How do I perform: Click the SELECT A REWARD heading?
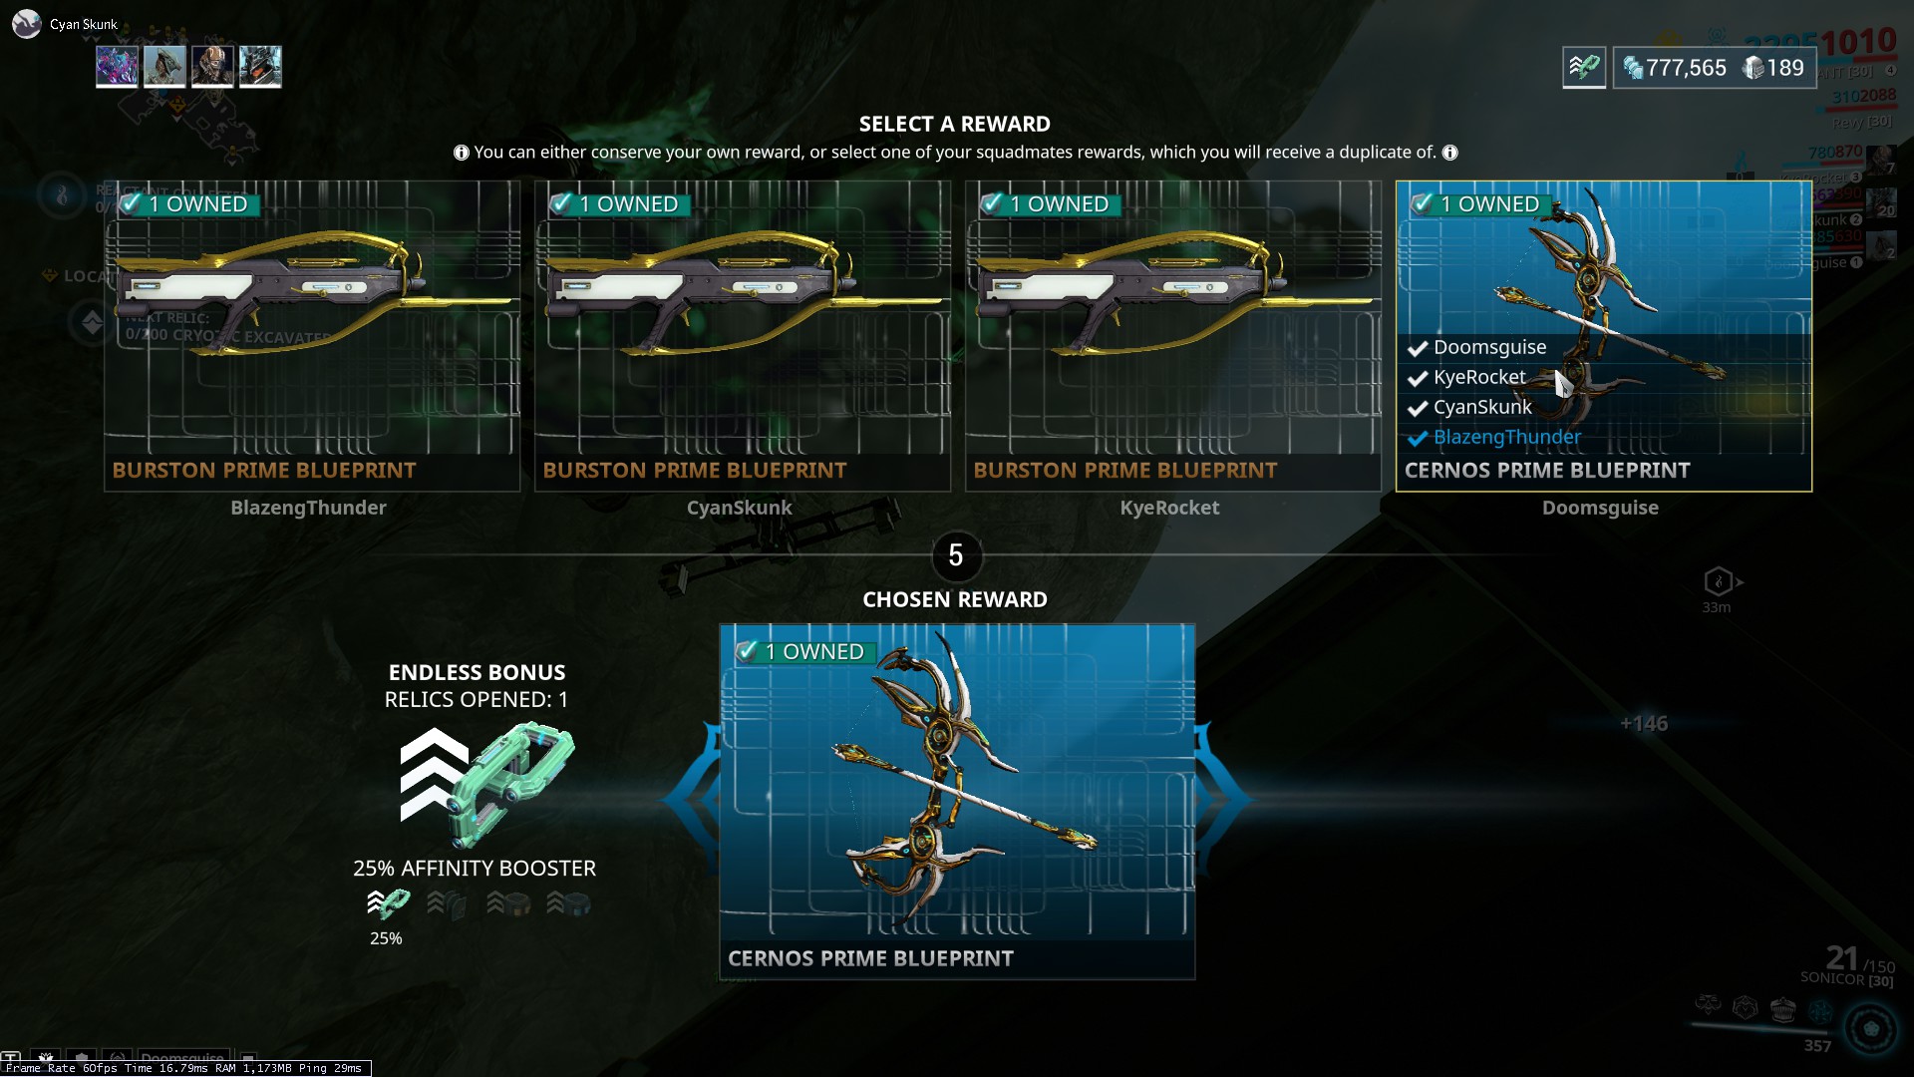coord(954,124)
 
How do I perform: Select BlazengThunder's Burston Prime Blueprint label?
coord(264,471)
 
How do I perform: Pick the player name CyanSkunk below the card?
coord(739,508)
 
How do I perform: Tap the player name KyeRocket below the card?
coord(1169,508)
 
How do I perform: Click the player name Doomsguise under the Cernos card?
coord(1600,508)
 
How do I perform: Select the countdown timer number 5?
coord(956,555)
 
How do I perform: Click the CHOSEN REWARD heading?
coord(954,599)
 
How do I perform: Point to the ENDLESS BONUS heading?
coord(477,672)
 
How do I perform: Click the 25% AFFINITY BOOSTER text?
coord(475,869)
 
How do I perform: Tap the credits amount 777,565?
coord(1686,68)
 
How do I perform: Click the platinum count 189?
coord(1784,68)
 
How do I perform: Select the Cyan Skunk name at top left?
coord(84,24)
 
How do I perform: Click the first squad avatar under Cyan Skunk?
coord(117,67)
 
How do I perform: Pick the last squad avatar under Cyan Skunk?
coord(260,67)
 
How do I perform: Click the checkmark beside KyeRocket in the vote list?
coord(1418,378)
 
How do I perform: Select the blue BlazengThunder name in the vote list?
coord(1506,437)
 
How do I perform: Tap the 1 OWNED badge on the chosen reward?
coord(805,652)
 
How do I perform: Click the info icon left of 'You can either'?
coord(462,153)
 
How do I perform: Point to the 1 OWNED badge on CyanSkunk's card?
coord(619,204)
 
